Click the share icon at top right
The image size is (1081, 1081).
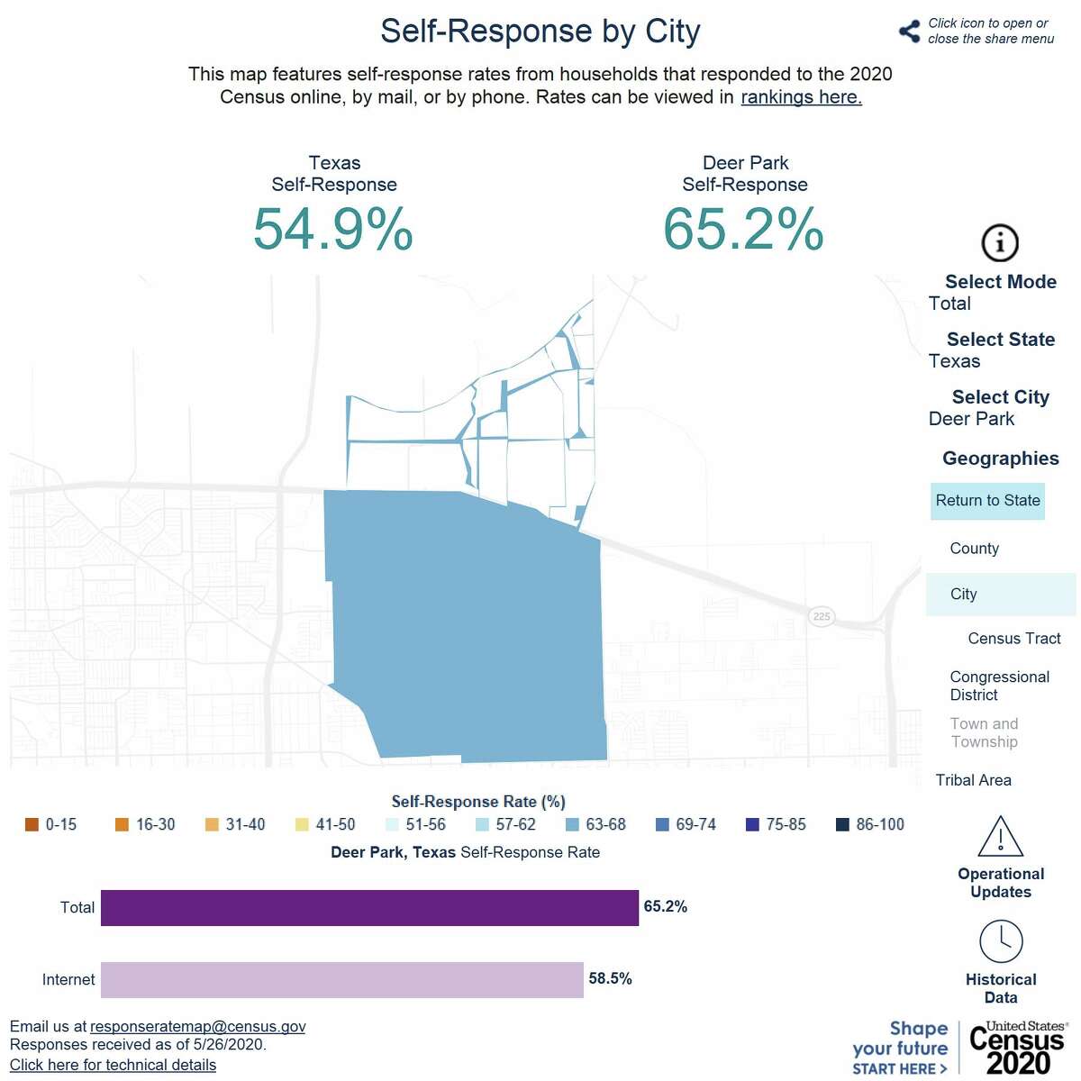[908, 32]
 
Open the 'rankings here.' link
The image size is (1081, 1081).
[801, 97]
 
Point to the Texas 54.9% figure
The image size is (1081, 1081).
[333, 229]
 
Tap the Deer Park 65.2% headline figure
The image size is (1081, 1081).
[743, 229]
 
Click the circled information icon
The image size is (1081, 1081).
[999, 242]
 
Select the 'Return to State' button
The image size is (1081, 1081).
[987, 501]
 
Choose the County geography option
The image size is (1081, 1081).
[974, 549]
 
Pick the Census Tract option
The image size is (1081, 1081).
[1013, 639]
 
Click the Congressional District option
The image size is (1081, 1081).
[999, 686]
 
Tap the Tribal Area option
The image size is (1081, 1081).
[973, 780]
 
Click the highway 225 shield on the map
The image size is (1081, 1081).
[821, 616]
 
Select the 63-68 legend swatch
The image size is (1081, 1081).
[572, 824]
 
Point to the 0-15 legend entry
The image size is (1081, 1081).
[51, 824]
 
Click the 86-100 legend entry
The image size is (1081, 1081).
[869, 824]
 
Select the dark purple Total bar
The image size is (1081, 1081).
[369, 907]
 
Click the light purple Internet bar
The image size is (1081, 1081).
[342, 979]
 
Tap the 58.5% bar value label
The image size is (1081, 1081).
[610, 978]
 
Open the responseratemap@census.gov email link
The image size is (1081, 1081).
[197, 1026]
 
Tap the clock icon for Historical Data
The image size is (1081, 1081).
[1000, 941]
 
